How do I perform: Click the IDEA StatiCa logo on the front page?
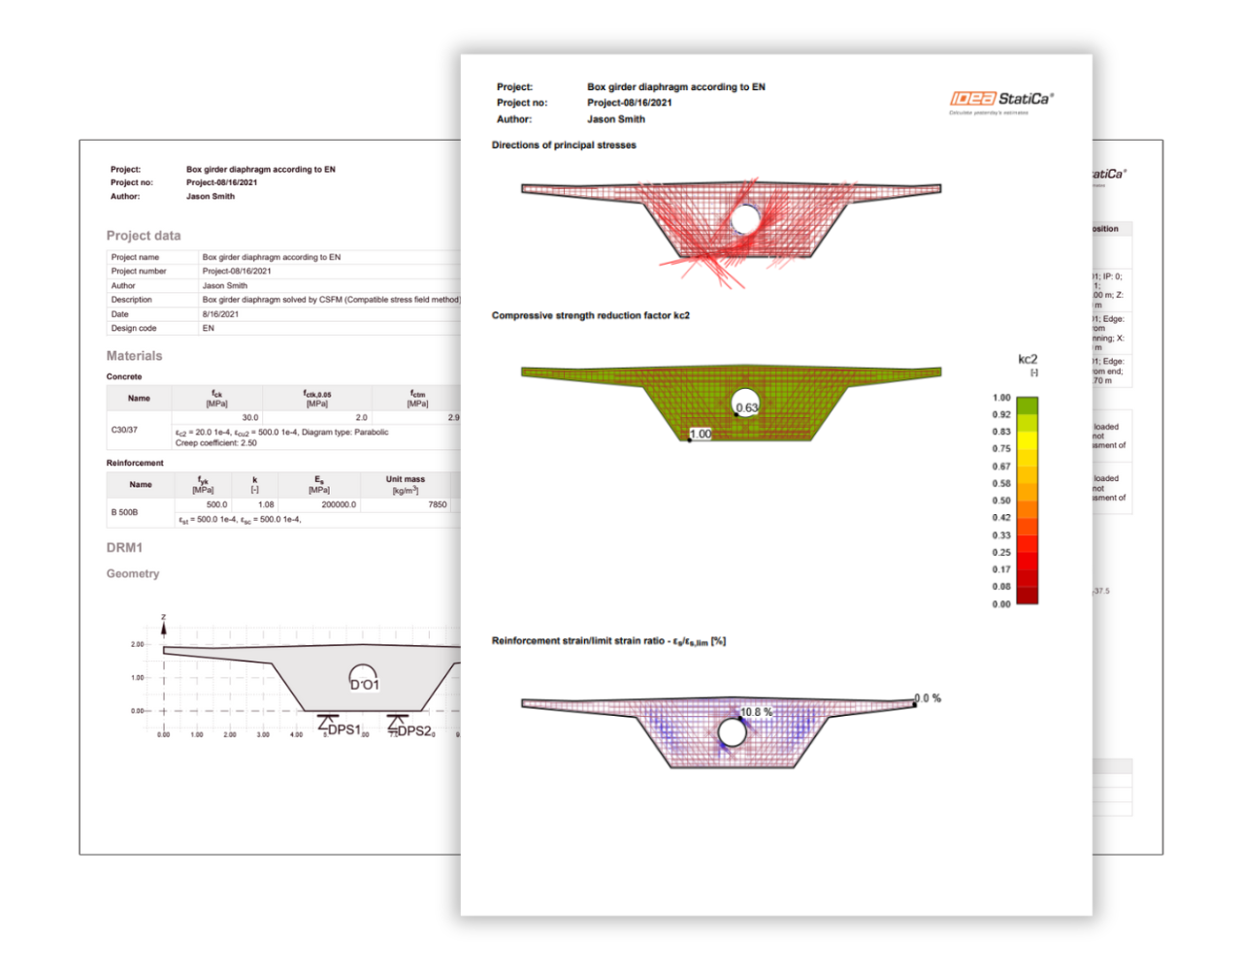click(1000, 99)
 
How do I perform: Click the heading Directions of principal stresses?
click(564, 145)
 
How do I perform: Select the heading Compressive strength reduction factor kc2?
click(590, 316)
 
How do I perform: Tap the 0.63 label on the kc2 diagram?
click(746, 407)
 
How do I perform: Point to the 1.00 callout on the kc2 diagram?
click(700, 435)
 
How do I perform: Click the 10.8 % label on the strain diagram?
click(756, 712)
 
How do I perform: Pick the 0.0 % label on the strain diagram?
click(929, 698)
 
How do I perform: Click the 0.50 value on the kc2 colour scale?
click(1001, 501)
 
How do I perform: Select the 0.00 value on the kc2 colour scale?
click(1001, 604)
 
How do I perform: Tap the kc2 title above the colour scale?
click(1028, 360)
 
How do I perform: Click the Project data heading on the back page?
click(144, 236)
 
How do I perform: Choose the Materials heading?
click(134, 356)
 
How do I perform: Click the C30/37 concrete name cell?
click(124, 430)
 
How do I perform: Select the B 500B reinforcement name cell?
click(124, 512)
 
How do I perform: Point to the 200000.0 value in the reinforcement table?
click(339, 504)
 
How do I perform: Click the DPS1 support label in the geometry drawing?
click(343, 729)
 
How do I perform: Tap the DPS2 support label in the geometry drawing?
click(414, 730)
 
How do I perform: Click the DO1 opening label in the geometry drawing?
click(365, 685)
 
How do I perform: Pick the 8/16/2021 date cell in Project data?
click(220, 314)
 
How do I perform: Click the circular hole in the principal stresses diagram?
click(745, 219)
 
